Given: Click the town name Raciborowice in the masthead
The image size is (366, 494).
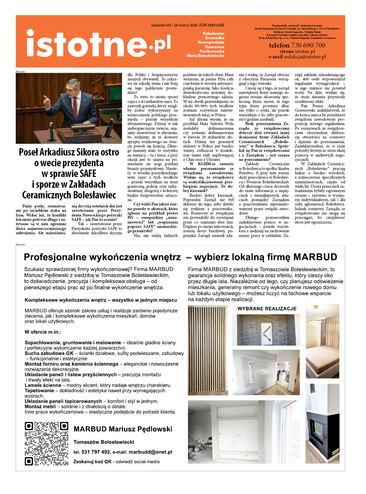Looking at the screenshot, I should pyautogui.click(x=212, y=51).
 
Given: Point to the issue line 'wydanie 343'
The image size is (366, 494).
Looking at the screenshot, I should pyautogui.click(x=161, y=25).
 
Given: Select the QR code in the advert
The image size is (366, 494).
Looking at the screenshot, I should pyautogui.click(x=46, y=444).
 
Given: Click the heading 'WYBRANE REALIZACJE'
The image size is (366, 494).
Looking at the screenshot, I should pyautogui.click(x=267, y=309).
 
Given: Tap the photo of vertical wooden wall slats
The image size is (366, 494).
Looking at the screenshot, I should pyautogui.click(x=208, y=350).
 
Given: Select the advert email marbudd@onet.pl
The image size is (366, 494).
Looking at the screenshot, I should pyautogui.click(x=150, y=452).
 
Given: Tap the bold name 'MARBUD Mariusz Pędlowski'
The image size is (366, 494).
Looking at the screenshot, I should pyautogui.click(x=123, y=429).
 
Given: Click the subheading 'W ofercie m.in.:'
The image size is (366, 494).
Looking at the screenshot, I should pyautogui.click(x=43, y=332).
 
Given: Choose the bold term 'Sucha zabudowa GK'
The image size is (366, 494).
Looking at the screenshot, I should pyautogui.click(x=49, y=353).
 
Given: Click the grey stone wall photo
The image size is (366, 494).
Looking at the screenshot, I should pyautogui.click(x=268, y=330).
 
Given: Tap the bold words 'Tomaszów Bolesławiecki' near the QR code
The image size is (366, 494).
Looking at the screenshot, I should pyautogui.click(x=104, y=442).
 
